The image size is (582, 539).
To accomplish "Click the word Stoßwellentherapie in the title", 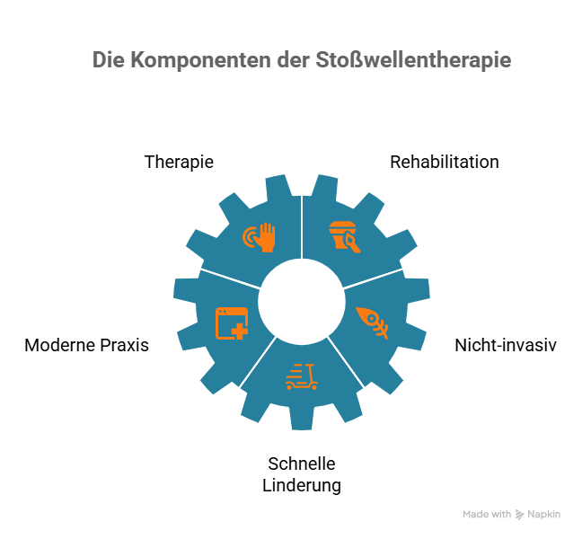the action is click(413, 60).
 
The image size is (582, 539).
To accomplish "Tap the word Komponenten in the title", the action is click(200, 60).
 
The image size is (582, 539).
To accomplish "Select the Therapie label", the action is click(179, 163).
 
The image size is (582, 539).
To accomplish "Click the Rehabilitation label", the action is click(445, 163).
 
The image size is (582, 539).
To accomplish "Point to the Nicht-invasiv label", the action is click(506, 345).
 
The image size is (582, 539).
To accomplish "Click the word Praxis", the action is click(124, 345).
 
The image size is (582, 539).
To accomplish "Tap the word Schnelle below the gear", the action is click(302, 464).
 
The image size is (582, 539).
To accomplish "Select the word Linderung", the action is click(302, 485).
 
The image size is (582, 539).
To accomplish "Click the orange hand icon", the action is click(259, 237).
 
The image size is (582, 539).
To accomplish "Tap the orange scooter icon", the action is click(302, 376).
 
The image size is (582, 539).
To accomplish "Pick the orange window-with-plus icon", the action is click(232, 323).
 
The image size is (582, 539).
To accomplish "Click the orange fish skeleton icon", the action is click(373, 323).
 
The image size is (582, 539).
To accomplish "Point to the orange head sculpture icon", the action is click(345, 237).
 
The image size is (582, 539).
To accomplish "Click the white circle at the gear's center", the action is click(302, 302).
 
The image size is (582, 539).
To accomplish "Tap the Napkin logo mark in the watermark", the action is click(520, 515).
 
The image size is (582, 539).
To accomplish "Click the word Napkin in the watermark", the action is click(543, 515).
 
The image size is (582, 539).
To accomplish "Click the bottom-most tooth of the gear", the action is click(302, 418).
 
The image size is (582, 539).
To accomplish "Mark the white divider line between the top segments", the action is click(302, 226).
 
